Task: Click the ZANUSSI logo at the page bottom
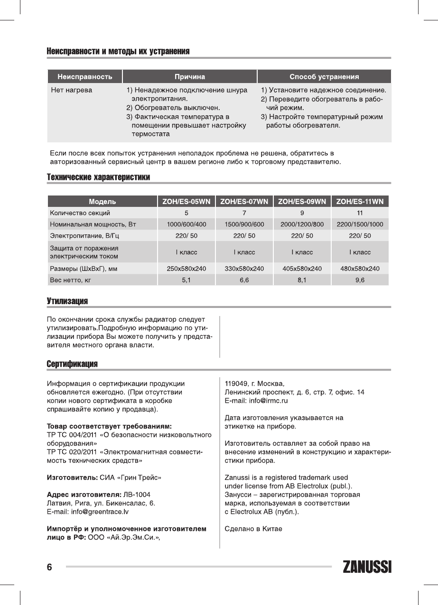point(367,568)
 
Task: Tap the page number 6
point(49,568)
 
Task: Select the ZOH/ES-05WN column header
point(186,201)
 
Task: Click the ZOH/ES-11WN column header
point(360,201)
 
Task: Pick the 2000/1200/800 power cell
point(302,224)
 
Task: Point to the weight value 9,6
point(360,280)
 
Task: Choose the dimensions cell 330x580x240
point(244,269)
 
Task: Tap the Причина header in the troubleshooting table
point(189,76)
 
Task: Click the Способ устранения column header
point(324,76)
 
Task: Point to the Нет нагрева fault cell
point(72,90)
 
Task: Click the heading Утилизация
point(67,301)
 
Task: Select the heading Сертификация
point(72,364)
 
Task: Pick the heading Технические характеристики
point(98,177)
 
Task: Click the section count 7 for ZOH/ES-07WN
point(244,213)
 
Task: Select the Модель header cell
point(102,201)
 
